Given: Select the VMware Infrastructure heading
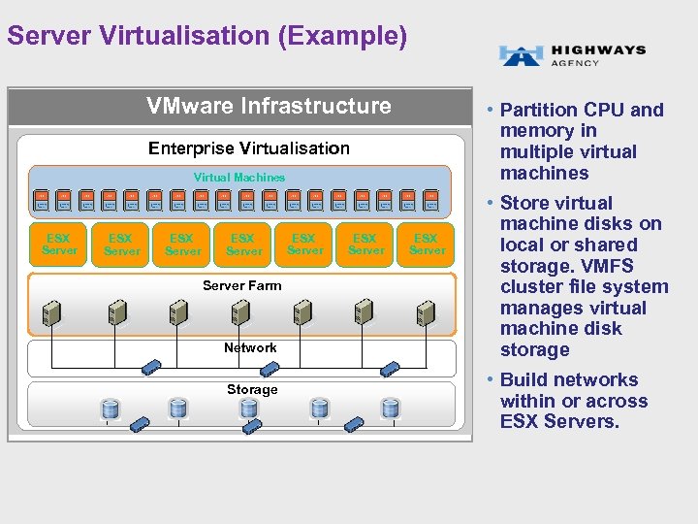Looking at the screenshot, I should click(x=269, y=106).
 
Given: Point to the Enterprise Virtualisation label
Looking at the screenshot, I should click(x=249, y=148).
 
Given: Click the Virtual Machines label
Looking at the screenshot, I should click(x=239, y=178).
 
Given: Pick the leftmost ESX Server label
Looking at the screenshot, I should click(x=59, y=244).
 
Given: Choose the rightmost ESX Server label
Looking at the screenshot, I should click(x=426, y=244).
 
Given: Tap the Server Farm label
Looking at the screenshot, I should click(x=241, y=285).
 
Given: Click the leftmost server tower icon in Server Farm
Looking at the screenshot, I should click(x=48, y=311).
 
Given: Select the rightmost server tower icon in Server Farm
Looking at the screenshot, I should click(x=424, y=311).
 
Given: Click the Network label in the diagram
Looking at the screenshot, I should click(x=250, y=347).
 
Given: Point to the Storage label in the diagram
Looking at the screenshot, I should click(x=252, y=389).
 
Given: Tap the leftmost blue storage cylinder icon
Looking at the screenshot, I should click(x=110, y=409).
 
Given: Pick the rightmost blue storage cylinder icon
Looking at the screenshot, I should click(x=390, y=409).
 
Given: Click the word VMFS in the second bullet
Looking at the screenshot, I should click(x=613, y=266).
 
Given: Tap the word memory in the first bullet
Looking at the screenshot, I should click(x=535, y=131).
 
